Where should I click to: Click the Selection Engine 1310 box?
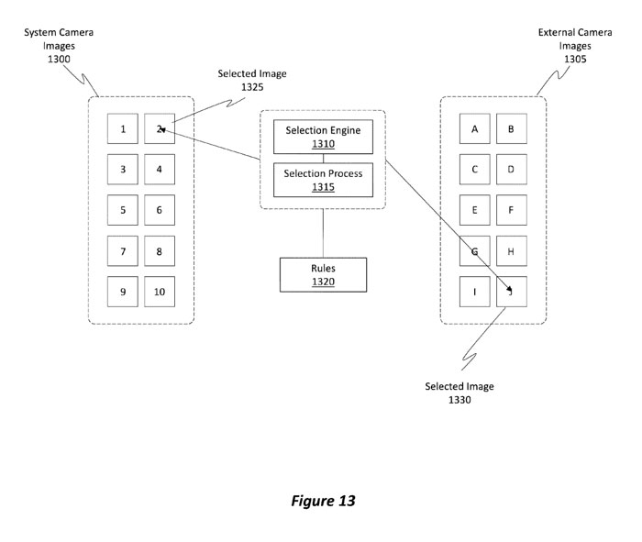(322, 137)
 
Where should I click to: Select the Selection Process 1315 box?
(322, 180)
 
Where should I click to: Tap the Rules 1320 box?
(322, 274)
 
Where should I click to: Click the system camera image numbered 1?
(123, 129)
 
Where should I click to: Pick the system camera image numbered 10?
(159, 292)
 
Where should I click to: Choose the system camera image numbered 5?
(123, 210)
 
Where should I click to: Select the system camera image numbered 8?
(159, 251)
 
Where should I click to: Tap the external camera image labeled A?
(475, 129)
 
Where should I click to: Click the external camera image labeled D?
(511, 170)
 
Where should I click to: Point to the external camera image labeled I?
(475, 292)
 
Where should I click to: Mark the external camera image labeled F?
(511, 210)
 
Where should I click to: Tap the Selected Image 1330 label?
(459, 393)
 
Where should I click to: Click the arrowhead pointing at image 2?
(160, 131)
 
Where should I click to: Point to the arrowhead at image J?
(507, 290)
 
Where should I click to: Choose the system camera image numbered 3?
(123, 170)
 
